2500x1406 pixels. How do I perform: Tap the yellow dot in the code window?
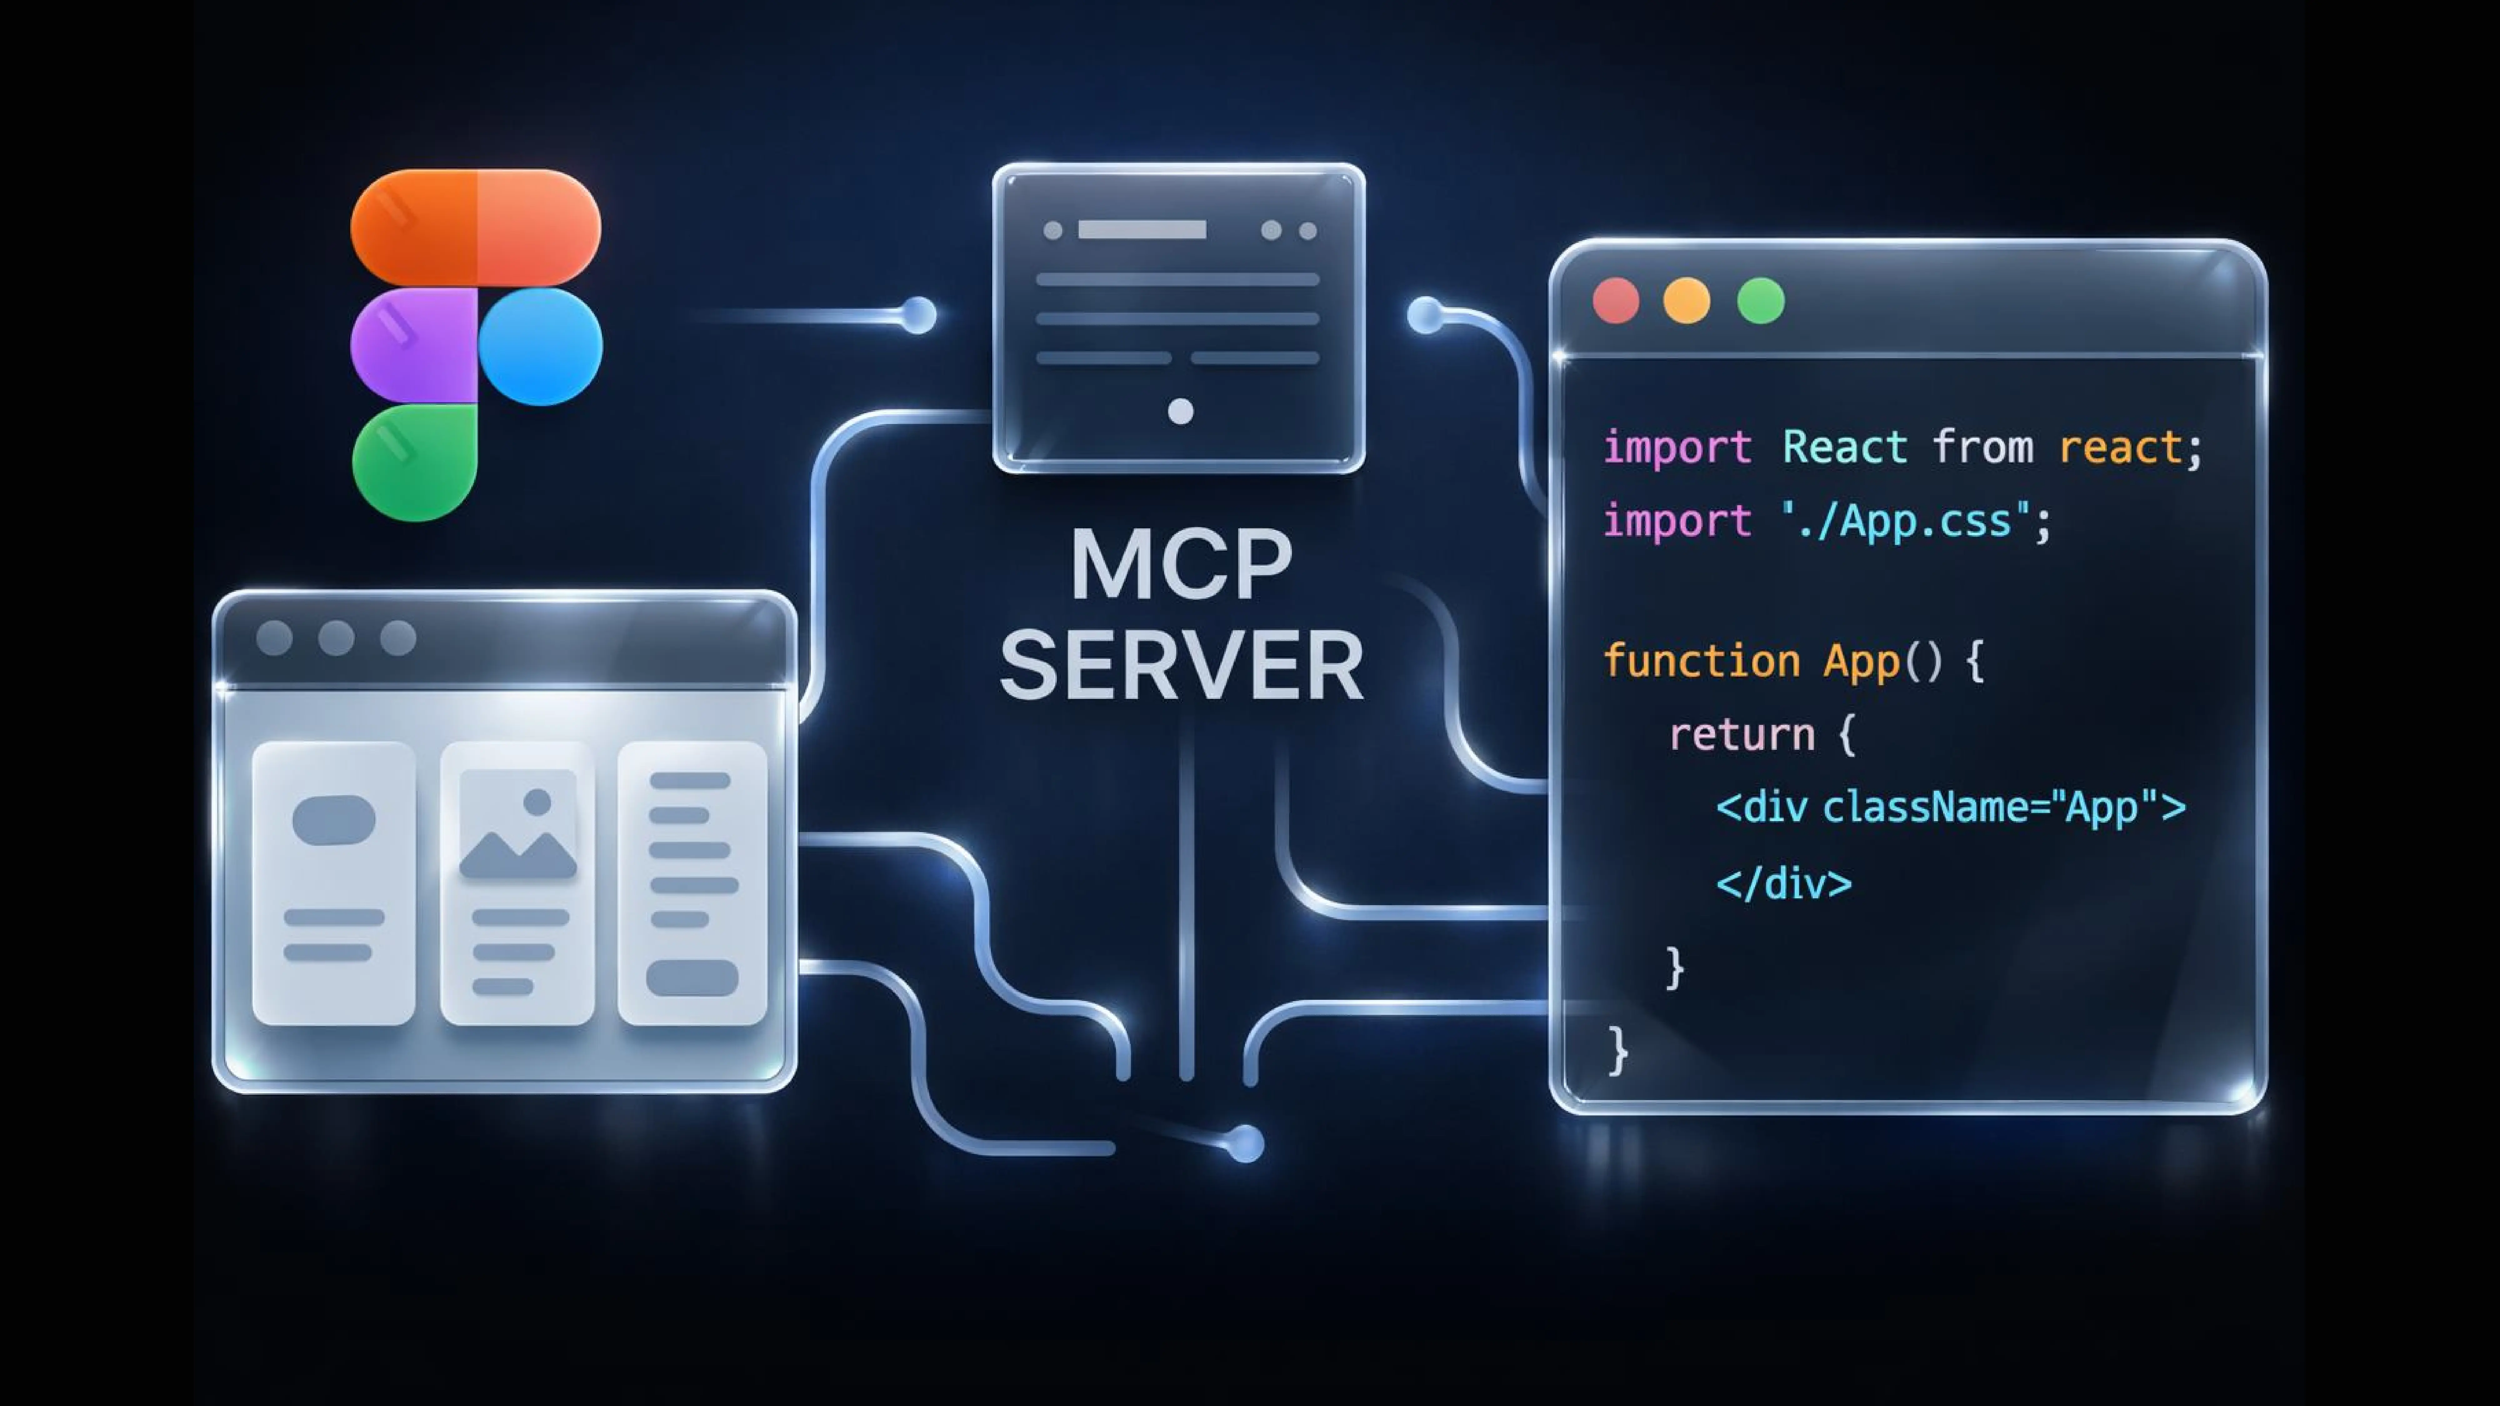click(x=1687, y=301)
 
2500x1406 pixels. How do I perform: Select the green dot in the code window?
click(x=1761, y=301)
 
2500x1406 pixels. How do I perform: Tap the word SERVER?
click(x=1181, y=666)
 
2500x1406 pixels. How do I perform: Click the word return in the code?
click(x=1741, y=735)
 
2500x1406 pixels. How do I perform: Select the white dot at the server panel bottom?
click(x=1180, y=411)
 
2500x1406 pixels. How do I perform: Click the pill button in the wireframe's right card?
click(x=692, y=978)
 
